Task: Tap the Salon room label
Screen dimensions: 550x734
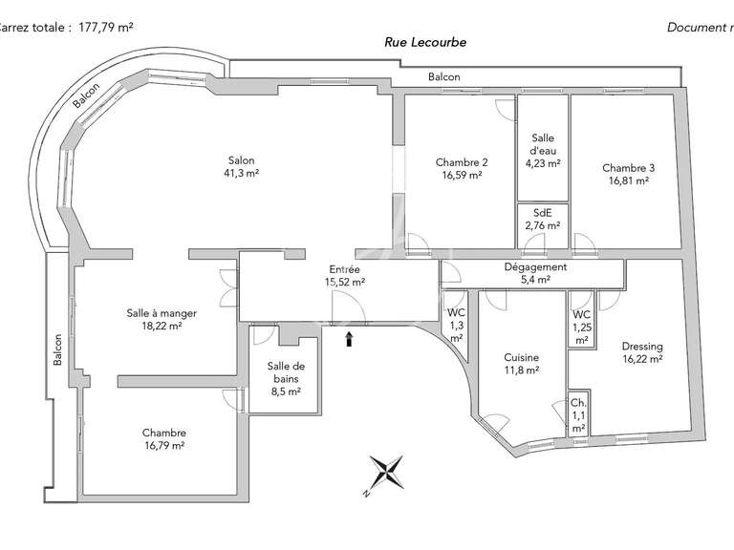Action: click(241, 160)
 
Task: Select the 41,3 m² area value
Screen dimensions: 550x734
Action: click(241, 173)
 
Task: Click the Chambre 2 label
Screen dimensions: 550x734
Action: click(462, 161)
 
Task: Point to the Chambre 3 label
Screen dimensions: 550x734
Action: click(628, 168)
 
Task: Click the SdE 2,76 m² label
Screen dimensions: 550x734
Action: click(542, 220)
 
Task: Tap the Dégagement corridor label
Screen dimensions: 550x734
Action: click(535, 267)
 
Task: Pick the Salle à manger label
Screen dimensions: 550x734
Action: click(155, 312)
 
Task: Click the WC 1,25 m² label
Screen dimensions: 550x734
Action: click(582, 328)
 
